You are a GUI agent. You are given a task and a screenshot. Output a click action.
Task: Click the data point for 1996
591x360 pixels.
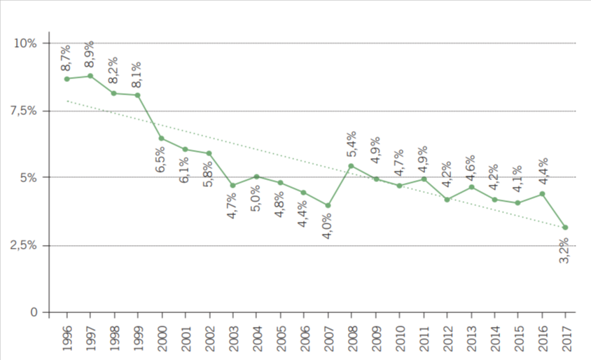click(x=67, y=78)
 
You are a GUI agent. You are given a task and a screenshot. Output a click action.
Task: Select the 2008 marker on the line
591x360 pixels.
click(x=351, y=166)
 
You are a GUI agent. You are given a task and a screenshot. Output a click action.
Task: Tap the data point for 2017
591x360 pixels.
click(x=565, y=227)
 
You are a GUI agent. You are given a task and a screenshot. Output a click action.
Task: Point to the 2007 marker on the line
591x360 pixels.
click(x=327, y=205)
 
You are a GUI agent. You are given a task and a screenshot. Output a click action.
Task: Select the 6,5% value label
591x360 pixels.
click(x=160, y=158)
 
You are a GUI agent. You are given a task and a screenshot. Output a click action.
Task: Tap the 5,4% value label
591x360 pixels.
click(x=351, y=144)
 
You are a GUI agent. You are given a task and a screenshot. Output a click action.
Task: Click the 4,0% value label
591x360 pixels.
click(x=326, y=225)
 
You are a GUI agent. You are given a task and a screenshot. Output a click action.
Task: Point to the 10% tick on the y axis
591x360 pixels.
click(x=26, y=43)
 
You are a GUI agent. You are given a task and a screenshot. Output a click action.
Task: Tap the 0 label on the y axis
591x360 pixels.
click(x=33, y=312)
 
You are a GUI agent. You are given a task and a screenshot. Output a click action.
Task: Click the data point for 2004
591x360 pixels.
click(x=256, y=176)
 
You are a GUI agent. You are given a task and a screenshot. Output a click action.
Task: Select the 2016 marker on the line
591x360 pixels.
click(x=541, y=193)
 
